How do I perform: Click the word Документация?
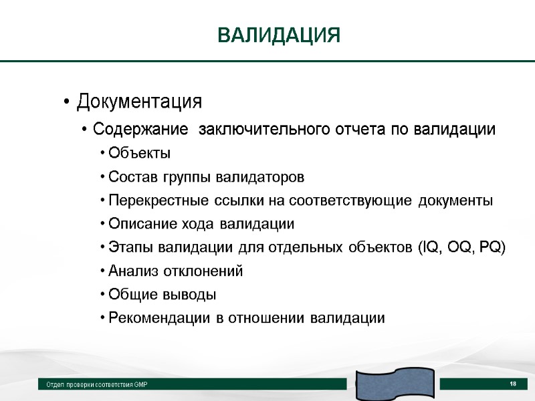[x=139, y=102]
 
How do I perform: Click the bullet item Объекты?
[x=139, y=153]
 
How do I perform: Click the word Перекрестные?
[x=154, y=200]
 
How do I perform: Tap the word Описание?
[x=139, y=224]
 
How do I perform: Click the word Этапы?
[x=126, y=247]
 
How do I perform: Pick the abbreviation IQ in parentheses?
[x=429, y=247]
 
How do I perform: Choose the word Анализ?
[x=130, y=271]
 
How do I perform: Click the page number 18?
[x=513, y=384]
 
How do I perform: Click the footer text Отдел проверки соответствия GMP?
[x=96, y=385]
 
